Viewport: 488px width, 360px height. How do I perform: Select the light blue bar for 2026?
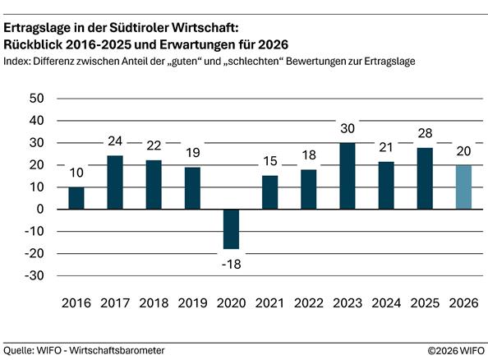pos(463,187)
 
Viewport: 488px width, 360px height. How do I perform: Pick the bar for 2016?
pos(76,198)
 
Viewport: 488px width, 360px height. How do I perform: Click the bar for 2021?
pos(269,192)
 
